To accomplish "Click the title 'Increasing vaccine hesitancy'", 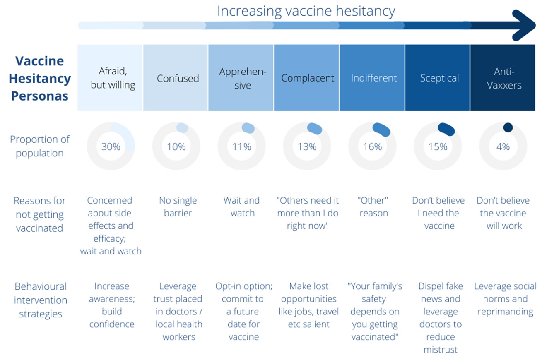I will tap(306, 11).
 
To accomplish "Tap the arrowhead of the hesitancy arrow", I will tap(524, 26).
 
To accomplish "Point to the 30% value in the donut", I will tap(111, 146).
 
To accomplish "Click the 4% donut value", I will tap(503, 146).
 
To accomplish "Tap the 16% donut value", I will tap(372, 146).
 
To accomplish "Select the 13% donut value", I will tap(307, 146).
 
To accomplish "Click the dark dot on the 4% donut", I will tap(508, 127).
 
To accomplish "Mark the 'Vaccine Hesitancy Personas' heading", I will tap(40, 78).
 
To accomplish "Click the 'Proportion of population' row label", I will tap(40, 146).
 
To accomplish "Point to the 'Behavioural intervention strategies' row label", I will tap(40, 300).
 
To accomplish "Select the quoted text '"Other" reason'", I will tap(373, 207).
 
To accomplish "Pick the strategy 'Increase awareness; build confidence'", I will tap(111, 305).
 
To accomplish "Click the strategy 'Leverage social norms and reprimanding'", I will tap(505, 299).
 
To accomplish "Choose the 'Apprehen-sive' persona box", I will tap(242, 78).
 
